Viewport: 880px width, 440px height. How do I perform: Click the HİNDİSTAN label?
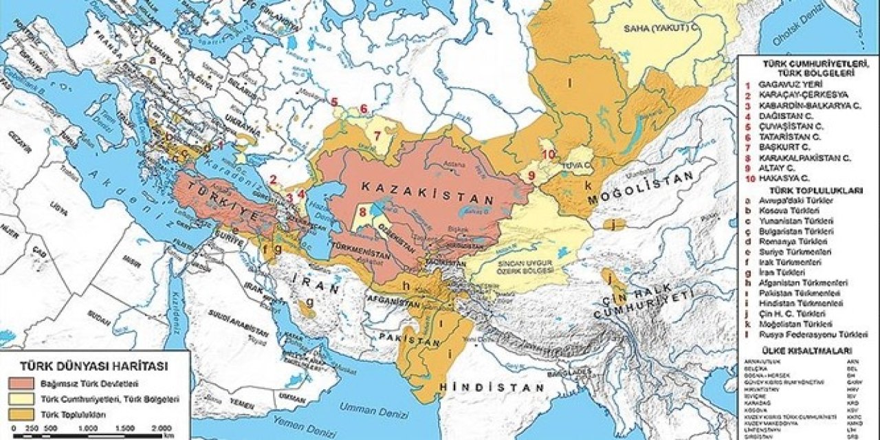click(492, 388)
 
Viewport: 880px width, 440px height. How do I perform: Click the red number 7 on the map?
click(377, 133)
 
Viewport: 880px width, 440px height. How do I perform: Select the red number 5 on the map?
click(334, 102)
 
